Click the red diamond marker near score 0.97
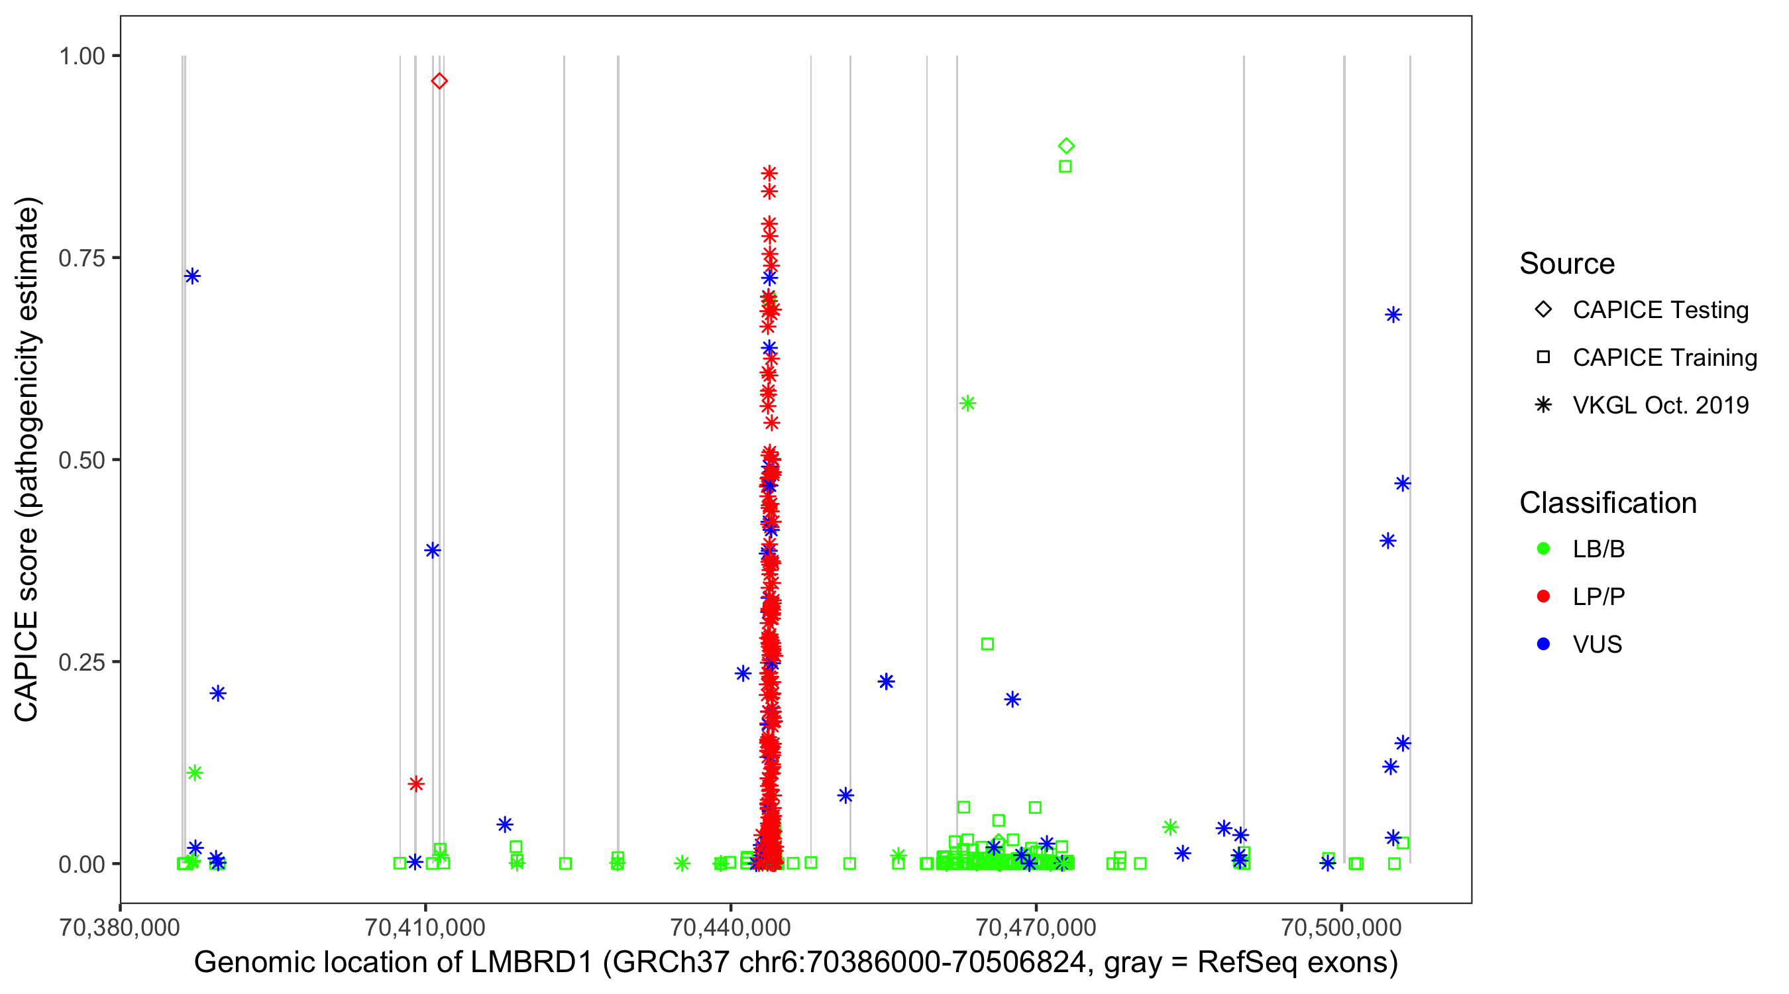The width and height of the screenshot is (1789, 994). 439,82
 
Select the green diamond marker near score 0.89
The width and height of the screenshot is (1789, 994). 1067,146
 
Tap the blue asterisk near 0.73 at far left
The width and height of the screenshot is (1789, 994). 192,276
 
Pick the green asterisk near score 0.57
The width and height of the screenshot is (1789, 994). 967,404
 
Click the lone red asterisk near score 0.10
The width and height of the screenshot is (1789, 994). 416,784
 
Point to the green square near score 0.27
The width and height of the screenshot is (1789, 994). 987,645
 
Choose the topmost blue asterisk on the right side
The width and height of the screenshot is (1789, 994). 1393,315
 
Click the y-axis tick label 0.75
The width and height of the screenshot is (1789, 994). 81,258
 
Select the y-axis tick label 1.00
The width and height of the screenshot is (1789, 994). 81,56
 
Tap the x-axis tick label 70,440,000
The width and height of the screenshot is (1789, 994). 731,927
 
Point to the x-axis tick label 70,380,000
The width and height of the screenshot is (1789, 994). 120,927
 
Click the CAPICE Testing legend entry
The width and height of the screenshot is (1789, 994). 1660,310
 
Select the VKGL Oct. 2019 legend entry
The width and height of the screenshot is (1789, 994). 1660,405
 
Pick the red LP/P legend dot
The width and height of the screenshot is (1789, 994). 1544,596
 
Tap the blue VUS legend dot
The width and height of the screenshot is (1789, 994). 1544,645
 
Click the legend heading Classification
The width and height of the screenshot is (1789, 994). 1607,503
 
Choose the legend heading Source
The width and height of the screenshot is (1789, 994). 1567,264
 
